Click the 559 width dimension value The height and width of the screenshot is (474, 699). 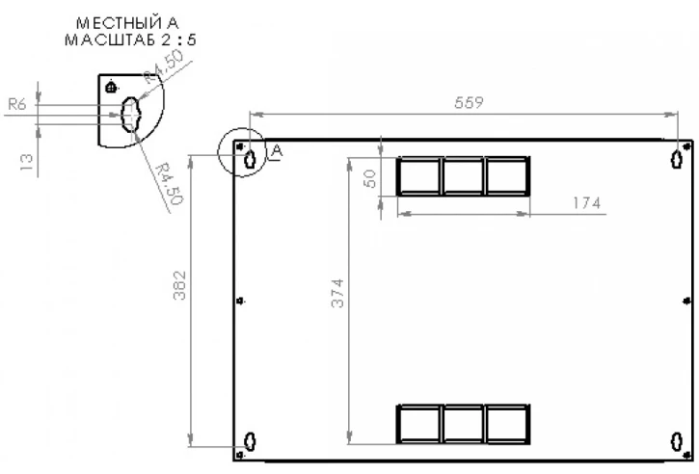click(x=469, y=103)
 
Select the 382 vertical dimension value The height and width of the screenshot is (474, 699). click(x=179, y=285)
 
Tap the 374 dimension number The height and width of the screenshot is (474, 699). click(x=337, y=293)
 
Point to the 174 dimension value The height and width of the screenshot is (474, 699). click(x=586, y=203)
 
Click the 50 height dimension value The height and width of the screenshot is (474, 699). click(x=370, y=178)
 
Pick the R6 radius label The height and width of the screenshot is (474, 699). click(x=17, y=104)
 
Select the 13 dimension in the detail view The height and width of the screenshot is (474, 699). click(x=27, y=162)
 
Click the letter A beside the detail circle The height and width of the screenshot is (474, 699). click(x=277, y=151)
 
